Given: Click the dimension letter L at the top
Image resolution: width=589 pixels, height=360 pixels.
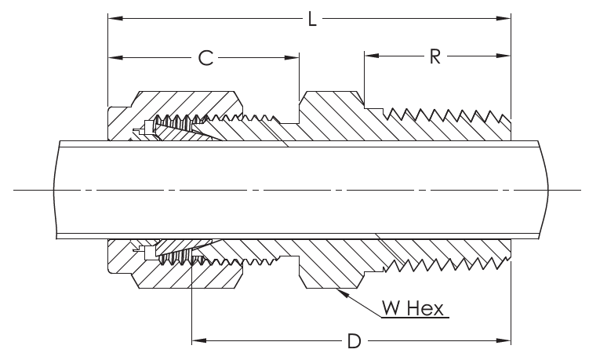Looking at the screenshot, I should [311, 19].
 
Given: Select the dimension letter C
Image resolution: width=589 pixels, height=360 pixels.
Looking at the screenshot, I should [205, 57].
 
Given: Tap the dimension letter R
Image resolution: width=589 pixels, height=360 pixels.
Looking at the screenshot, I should [434, 57].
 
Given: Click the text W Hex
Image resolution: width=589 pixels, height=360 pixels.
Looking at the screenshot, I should [414, 307].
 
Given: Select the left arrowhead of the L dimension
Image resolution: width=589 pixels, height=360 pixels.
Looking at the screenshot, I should [112, 17].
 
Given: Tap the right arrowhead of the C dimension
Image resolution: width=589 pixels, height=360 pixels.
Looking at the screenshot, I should [296, 56].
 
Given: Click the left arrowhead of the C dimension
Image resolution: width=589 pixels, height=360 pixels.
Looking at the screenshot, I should [112, 56].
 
